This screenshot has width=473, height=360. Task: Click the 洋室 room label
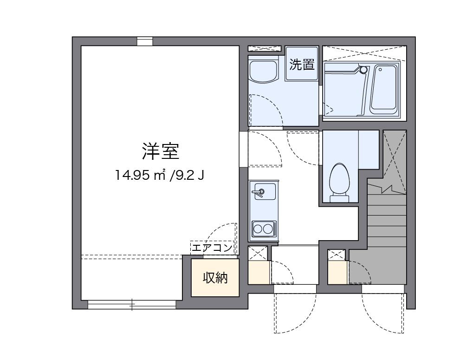[160, 151]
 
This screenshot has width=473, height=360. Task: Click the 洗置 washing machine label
[302, 65]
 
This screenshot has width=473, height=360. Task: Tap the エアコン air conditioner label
[212, 248]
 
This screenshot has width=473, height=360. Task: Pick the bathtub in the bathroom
[384, 89]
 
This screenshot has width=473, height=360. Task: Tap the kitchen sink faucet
[259, 191]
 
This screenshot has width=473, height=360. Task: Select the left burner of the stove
[258, 229]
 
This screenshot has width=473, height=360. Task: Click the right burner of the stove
[268, 229]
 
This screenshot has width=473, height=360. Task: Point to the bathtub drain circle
[363, 70]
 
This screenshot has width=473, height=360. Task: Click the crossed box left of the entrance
[258, 254]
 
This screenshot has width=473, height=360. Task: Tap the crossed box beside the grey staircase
[337, 255]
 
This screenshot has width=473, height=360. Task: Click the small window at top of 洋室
[145, 42]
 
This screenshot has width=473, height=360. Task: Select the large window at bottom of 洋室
[132, 305]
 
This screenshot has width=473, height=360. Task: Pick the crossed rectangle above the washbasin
[265, 48]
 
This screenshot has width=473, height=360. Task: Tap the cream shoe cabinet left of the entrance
[259, 273]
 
